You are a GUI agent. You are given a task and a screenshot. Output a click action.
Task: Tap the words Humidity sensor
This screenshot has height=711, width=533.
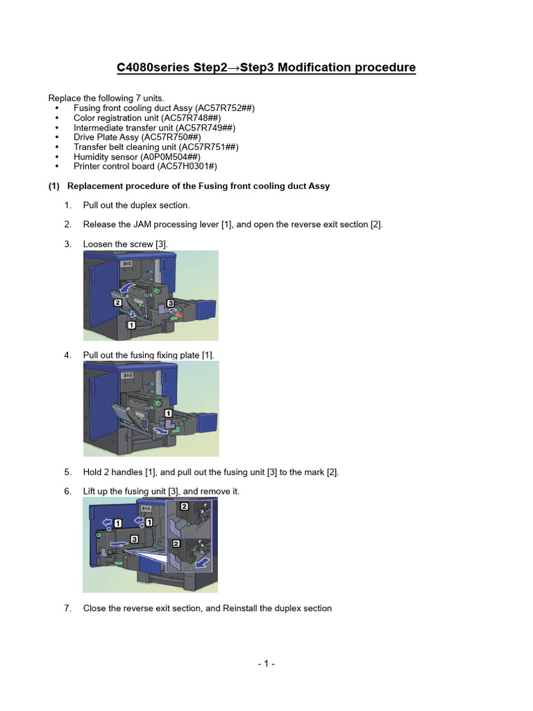101,157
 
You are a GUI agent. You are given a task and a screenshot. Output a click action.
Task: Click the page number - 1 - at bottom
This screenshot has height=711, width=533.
266,664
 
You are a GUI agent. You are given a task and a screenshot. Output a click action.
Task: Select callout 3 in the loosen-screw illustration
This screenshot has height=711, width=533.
169,303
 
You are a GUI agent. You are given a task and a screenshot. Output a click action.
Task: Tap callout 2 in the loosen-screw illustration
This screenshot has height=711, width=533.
117,303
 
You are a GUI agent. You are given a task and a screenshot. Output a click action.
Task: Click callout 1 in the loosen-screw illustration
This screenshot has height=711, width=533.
130,324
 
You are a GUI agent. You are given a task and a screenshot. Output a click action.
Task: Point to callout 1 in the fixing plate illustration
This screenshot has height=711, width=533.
168,414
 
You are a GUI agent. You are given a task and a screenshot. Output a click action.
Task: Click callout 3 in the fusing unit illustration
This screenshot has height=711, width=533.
133,538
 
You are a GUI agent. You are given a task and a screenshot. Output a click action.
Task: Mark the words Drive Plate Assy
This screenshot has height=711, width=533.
107,137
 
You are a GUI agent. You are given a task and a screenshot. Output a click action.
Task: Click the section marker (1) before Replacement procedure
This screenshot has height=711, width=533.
55,186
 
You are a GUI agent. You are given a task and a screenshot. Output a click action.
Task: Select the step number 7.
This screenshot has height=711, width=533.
68,608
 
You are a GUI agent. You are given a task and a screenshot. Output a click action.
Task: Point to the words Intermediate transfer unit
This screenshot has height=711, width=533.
124,128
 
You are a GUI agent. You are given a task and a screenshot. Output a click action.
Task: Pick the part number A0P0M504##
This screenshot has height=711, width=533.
170,157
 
